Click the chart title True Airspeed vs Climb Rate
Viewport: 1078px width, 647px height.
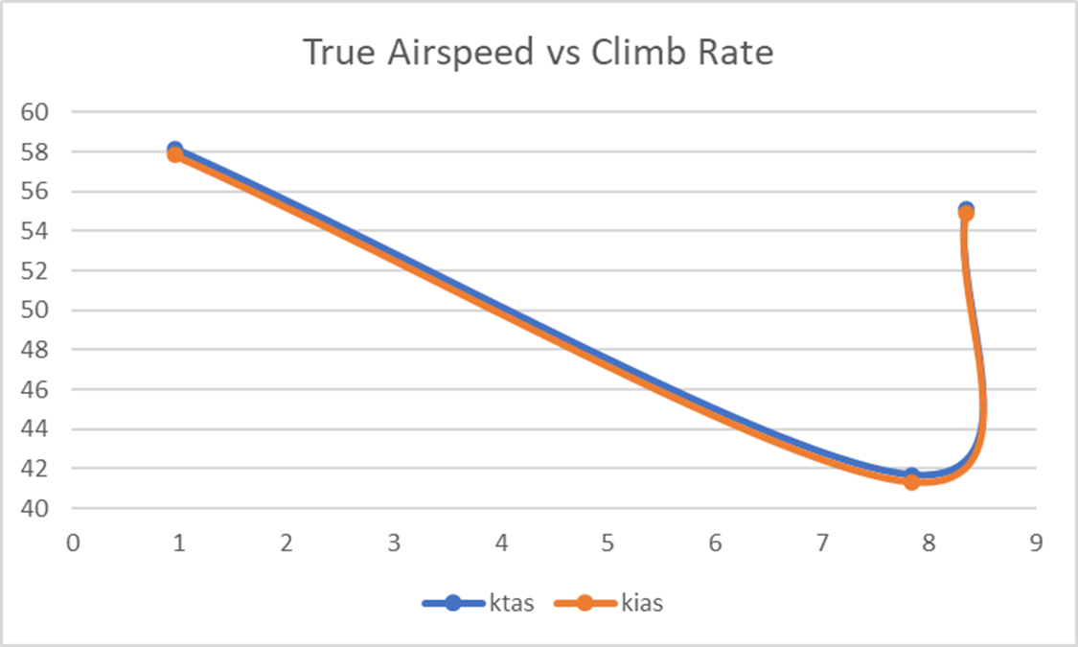tap(538, 53)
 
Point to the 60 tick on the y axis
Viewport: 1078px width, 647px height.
tap(34, 112)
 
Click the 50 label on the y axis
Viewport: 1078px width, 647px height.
tap(34, 311)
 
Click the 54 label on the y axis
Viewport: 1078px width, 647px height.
tap(34, 231)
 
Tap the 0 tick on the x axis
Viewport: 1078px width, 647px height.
tap(72, 542)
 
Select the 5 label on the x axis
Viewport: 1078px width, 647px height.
tap(608, 542)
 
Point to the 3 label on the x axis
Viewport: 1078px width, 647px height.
tap(394, 542)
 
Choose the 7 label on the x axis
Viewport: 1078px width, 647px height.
tap(821, 542)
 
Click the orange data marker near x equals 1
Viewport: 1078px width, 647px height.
tap(175, 154)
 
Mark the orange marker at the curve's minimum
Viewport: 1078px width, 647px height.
tap(911, 481)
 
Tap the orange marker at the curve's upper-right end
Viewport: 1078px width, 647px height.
tap(966, 213)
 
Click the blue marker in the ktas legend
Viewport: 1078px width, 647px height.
tap(453, 603)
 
